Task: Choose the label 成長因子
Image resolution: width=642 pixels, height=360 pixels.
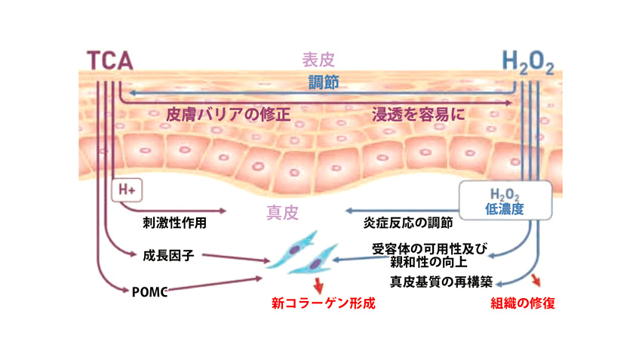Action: (x=168, y=255)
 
